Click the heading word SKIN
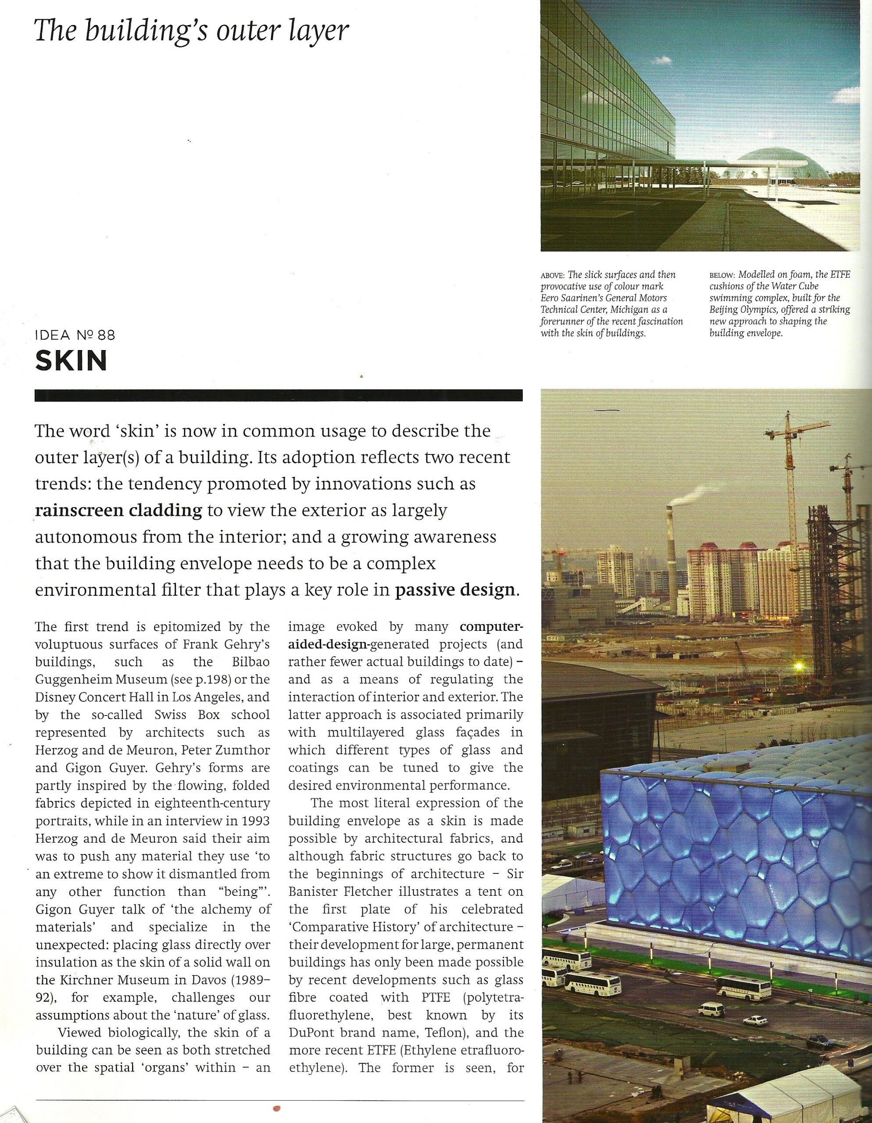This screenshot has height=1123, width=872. coord(71,361)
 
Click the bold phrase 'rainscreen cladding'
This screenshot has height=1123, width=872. coord(119,510)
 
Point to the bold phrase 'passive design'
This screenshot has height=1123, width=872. coord(454,589)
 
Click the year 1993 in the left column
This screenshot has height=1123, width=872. coord(256,821)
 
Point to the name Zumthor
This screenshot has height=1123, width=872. coord(245,750)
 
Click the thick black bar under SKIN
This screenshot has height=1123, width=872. coord(278,395)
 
